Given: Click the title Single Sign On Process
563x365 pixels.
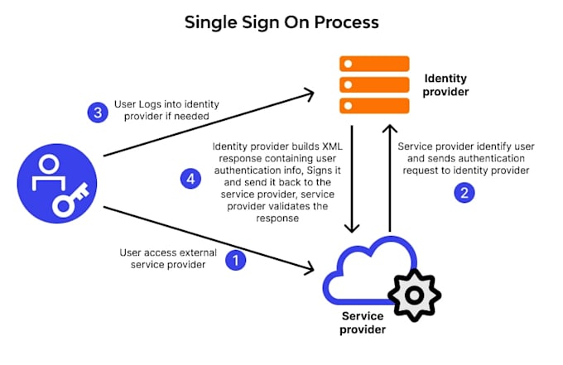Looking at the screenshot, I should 281,22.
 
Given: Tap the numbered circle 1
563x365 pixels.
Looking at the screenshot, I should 237,260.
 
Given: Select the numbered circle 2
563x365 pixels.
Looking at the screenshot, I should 464,193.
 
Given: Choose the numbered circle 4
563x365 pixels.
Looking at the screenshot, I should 189,176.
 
